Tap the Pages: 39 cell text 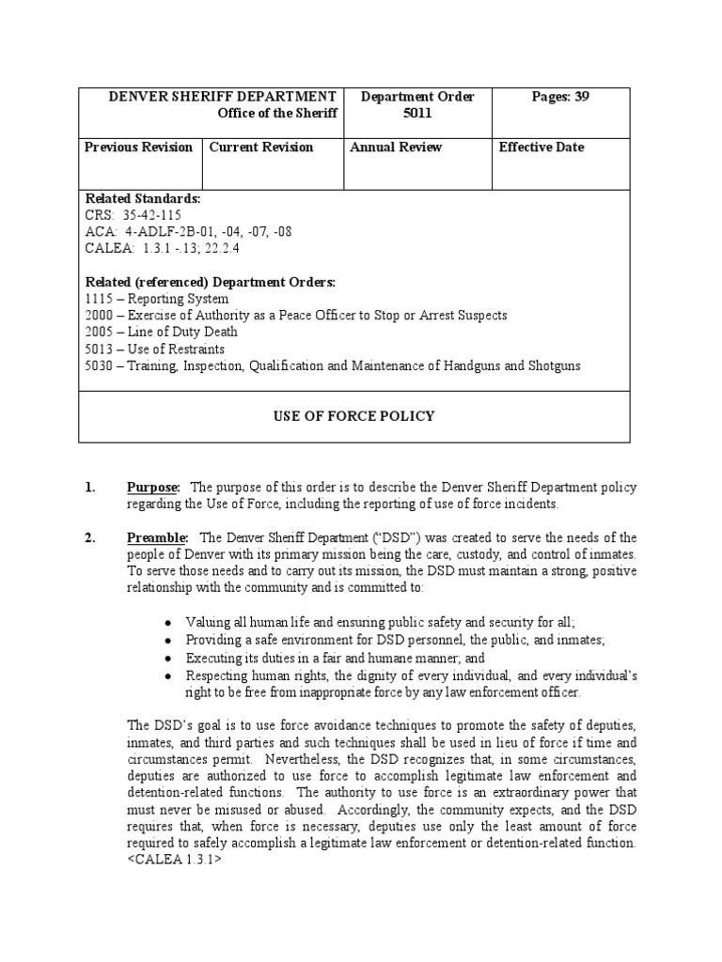(x=557, y=97)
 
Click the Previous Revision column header (x=138, y=147)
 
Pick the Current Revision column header (x=261, y=147)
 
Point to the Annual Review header (x=396, y=147)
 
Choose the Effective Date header (x=541, y=147)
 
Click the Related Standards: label (x=143, y=199)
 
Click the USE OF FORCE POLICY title (x=353, y=416)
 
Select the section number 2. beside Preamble (x=91, y=538)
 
